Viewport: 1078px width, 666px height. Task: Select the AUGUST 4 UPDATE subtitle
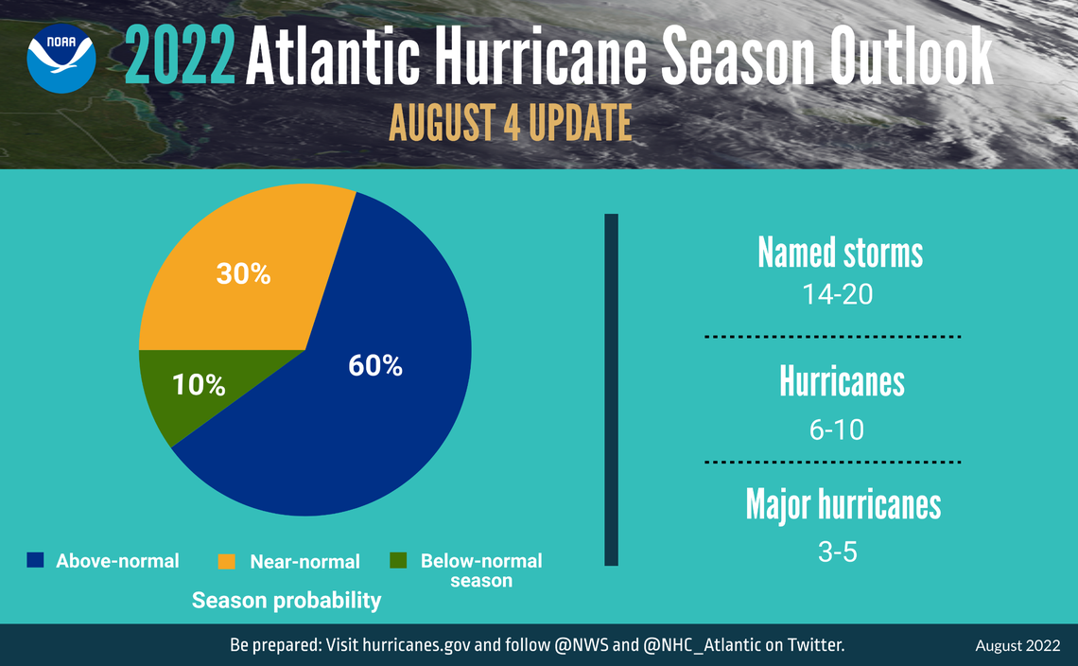(x=511, y=124)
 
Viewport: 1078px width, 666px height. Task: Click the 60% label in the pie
(x=375, y=366)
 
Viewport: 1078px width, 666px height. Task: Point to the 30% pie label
(x=243, y=274)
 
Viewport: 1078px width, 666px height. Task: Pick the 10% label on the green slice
(x=199, y=385)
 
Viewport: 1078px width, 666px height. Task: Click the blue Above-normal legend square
(x=36, y=560)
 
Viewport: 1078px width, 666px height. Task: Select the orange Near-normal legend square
(x=227, y=561)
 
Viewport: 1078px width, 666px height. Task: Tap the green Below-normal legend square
(x=398, y=560)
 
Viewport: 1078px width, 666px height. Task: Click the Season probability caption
(x=287, y=600)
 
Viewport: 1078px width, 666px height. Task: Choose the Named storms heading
(x=840, y=253)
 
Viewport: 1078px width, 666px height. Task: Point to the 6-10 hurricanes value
(x=836, y=429)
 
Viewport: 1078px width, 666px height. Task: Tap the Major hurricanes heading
(x=843, y=504)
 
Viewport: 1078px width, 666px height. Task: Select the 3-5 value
(x=837, y=552)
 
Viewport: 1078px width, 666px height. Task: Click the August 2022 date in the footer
(x=1017, y=646)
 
